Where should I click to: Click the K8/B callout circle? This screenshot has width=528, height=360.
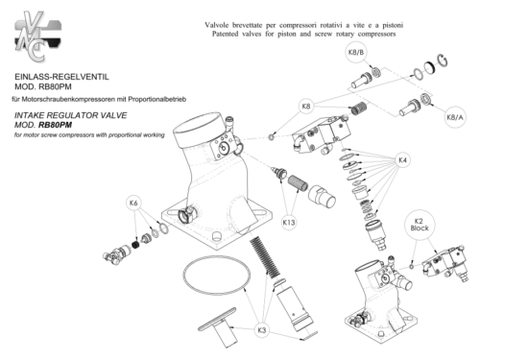point(356,53)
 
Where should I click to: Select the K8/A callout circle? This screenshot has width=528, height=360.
point(455,117)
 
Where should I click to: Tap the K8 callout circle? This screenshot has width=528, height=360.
point(305,107)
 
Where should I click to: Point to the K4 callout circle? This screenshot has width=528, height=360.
point(403,160)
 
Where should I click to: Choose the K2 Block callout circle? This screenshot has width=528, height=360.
point(420,225)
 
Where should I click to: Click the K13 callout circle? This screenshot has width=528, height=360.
point(289,223)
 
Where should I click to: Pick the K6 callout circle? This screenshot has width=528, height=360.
point(133,204)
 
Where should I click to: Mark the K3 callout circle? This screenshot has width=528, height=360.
point(262,330)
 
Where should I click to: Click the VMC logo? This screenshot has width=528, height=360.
point(37,36)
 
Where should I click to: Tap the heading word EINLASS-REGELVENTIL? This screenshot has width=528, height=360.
point(62,77)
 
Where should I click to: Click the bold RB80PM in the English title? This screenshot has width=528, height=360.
point(56,125)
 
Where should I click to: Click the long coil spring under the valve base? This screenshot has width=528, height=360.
point(265,256)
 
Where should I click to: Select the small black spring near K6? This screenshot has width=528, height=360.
point(135,244)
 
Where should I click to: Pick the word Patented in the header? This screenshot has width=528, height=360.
point(225,34)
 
